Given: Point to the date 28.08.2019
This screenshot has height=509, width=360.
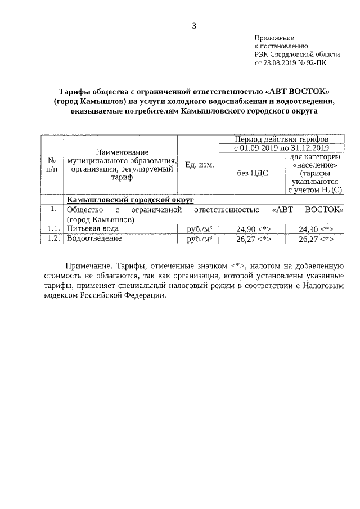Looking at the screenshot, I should click(279, 63).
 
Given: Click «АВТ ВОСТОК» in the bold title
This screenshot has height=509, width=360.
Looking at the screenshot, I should click(298, 92).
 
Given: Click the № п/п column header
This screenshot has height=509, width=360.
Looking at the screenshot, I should click(52, 164).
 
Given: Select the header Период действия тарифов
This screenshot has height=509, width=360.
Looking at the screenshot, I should click(282, 139).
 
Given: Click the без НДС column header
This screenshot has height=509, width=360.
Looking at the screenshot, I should click(253, 173).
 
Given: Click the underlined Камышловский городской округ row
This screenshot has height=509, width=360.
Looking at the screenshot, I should click(130, 200).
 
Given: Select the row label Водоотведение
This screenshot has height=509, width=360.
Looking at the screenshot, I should click(94, 238).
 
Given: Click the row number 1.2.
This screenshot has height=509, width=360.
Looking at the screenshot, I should click(53, 238).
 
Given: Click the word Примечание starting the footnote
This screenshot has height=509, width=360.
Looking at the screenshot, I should click(89, 264).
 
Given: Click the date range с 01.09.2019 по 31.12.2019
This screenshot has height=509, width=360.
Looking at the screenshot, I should click(281, 148).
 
